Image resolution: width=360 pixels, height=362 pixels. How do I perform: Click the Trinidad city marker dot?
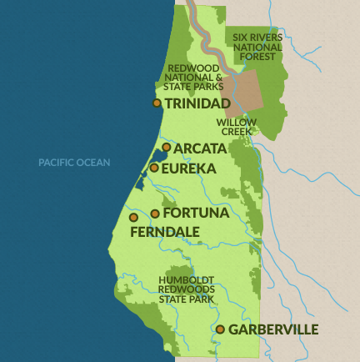point(157,103)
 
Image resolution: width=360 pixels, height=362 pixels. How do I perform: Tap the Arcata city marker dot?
point(167,148)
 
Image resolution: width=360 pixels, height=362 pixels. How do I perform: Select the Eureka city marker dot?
point(154,168)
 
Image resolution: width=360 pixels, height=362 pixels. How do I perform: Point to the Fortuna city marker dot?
point(155,214)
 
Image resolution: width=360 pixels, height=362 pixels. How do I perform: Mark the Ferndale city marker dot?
point(133,217)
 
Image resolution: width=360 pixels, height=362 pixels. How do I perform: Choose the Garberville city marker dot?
point(220,329)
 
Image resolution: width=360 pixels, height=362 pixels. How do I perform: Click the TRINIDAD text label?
point(197,103)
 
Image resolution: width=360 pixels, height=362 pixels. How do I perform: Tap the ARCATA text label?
point(200,148)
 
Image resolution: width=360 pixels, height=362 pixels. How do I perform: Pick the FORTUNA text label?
point(196,214)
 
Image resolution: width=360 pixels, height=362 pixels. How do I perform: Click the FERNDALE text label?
point(164,231)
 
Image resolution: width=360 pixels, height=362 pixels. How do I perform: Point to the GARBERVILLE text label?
point(273,329)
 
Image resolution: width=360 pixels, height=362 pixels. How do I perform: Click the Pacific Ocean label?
point(74,163)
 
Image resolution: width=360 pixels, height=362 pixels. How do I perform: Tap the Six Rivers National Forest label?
point(257,48)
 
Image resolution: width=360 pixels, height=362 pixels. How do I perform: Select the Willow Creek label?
point(237,127)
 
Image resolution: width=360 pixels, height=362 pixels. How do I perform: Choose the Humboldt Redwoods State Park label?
point(187,289)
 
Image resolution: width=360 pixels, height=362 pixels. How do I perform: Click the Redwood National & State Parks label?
point(195,78)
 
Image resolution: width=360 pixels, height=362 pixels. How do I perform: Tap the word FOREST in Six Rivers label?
point(257,58)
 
